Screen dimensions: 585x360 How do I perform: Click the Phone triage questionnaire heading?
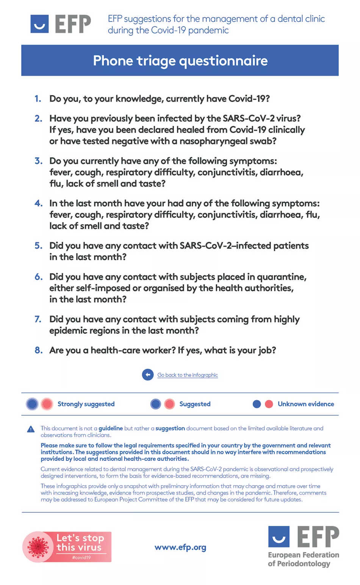tap(180, 61)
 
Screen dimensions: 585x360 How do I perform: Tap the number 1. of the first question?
tap(38, 99)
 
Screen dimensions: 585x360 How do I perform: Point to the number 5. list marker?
tap(38, 246)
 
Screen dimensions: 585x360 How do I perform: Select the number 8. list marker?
tap(38, 350)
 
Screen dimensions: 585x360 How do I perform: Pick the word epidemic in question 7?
tap(67, 331)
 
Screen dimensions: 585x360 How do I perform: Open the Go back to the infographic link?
tap(188, 375)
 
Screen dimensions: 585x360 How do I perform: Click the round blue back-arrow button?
tap(148, 375)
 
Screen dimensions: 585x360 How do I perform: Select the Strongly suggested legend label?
tap(86, 404)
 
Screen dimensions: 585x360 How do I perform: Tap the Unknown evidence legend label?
tap(306, 404)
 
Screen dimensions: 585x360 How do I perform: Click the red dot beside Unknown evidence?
tap(269, 404)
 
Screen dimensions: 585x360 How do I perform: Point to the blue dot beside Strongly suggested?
tap(32, 404)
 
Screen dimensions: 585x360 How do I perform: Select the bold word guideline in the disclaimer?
tap(111, 429)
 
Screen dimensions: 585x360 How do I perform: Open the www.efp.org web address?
tap(180, 547)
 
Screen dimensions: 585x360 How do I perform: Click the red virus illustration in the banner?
tap(38, 547)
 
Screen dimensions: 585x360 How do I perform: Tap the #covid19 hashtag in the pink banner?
tap(81, 557)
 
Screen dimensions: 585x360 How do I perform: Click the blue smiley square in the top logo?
tap(39, 24)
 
